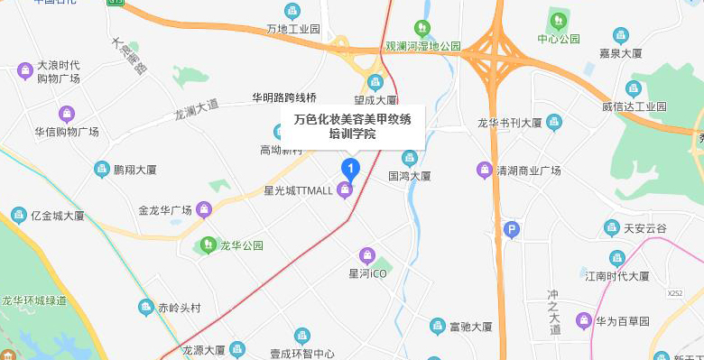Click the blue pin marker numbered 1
point(349,168)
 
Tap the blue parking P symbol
point(512,230)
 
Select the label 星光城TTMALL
point(297,190)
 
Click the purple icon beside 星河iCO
point(366,254)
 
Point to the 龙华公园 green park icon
point(208,245)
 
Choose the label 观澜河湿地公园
point(423,45)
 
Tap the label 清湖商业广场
point(529,170)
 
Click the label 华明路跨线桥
point(284,97)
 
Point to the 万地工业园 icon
point(292,11)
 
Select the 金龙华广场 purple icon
point(203,210)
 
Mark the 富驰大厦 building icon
point(437,325)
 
